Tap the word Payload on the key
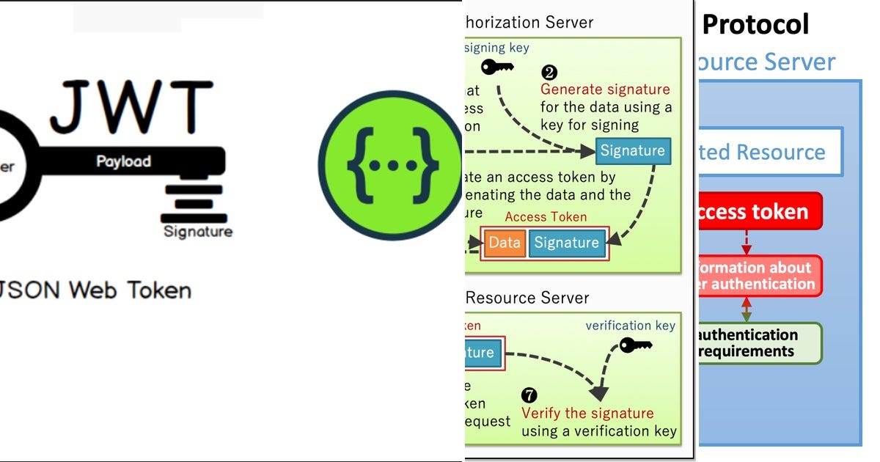[123, 161]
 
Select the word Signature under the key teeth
[197, 232]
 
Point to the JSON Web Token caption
[95, 290]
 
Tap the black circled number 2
[549, 73]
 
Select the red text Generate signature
[605, 89]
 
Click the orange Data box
[505, 243]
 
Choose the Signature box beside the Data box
[566, 243]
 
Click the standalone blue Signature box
[632, 150]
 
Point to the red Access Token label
[546, 217]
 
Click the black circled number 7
[529, 395]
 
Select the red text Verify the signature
[587, 413]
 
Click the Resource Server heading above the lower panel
[527, 298]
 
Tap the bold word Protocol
[755, 24]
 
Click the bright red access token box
[759, 213]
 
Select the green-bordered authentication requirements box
[759, 343]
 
